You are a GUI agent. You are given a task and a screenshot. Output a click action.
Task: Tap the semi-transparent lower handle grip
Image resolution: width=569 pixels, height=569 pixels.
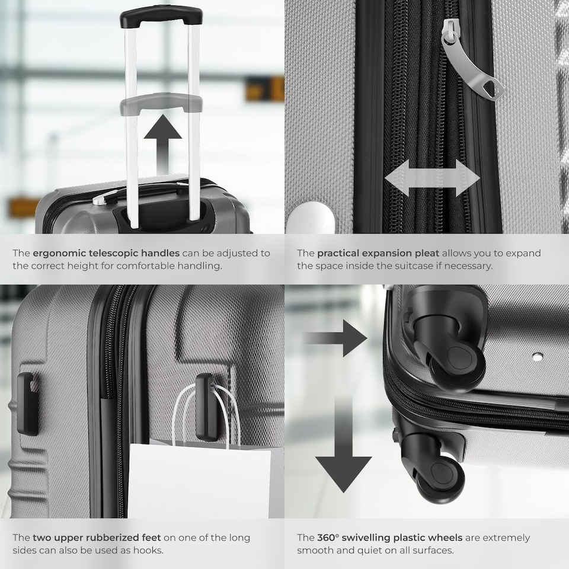(161, 104)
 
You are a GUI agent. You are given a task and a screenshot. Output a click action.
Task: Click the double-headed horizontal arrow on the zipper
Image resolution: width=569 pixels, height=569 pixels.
(432, 178)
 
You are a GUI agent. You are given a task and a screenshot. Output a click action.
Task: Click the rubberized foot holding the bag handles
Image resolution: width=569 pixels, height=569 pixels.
(206, 406)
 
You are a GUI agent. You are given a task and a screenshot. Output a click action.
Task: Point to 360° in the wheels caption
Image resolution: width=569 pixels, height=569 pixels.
(329, 538)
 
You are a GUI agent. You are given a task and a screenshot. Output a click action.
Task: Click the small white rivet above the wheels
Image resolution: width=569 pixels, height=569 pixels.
(538, 357)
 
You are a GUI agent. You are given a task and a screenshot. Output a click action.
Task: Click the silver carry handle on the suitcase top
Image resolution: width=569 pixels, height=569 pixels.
(107, 197)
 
